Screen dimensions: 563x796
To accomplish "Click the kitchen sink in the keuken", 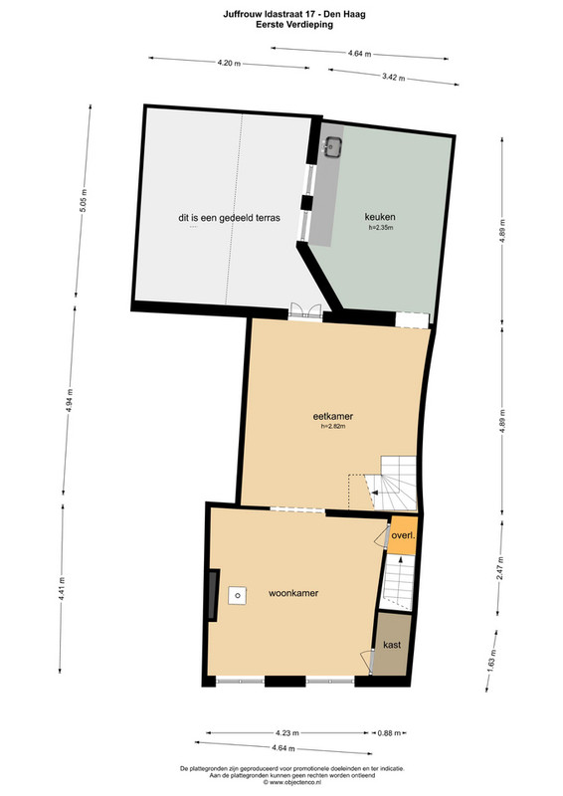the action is point(332,146).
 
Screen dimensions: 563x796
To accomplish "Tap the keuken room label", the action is point(380,217).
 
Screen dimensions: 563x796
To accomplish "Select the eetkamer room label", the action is point(333,416).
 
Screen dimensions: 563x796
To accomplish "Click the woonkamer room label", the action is point(293,593).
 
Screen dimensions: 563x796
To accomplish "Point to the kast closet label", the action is point(392,645).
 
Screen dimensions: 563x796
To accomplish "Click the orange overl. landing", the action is point(404,535).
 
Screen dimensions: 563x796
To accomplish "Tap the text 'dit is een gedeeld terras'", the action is point(229,218).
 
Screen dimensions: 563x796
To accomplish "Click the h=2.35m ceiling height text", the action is point(381,228).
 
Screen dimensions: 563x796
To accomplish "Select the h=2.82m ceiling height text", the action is point(333,427).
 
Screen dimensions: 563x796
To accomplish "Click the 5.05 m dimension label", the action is point(84,201).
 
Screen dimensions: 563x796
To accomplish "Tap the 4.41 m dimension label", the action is point(62,589).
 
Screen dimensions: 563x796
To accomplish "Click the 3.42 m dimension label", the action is point(394,78).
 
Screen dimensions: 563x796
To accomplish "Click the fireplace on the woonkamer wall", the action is point(214,594).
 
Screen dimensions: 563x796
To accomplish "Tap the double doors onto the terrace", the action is point(305,311).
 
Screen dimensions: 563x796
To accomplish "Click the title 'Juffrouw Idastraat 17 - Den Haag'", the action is point(294,14).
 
